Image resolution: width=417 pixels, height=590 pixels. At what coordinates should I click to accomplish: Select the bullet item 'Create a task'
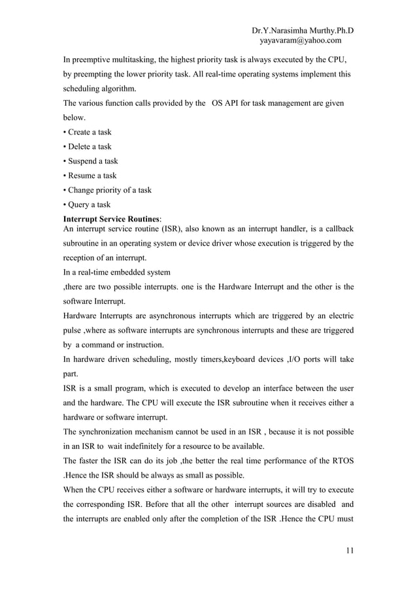point(86,132)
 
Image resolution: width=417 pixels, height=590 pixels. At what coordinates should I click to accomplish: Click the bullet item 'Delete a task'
point(86,146)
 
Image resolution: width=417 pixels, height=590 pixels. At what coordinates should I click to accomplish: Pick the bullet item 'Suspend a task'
point(90,161)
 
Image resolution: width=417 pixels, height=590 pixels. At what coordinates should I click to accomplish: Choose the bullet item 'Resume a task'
point(89,175)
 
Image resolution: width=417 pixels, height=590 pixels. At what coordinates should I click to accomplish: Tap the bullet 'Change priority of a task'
point(106,190)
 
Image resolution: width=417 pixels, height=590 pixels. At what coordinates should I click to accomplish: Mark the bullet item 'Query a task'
point(86,205)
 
